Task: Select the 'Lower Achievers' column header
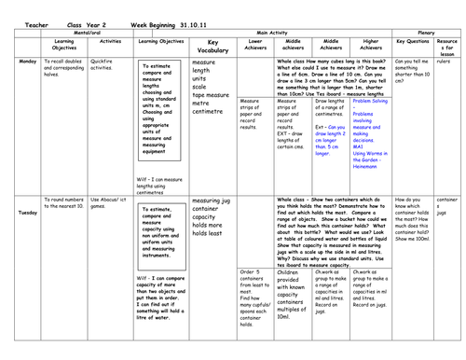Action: click(254, 44)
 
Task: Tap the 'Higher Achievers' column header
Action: click(370, 44)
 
